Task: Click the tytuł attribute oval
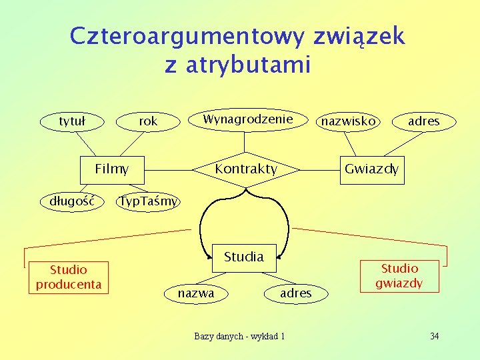[72, 121]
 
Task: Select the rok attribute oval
[148, 121]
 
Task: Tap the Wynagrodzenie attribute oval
[247, 119]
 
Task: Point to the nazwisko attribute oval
[349, 121]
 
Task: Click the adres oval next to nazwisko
[424, 121]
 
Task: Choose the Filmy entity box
[111, 169]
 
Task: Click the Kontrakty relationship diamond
[246, 169]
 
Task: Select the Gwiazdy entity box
[371, 169]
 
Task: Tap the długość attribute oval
[72, 201]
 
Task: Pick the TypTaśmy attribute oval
[148, 201]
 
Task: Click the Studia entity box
[244, 257]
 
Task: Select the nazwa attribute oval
[196, 293]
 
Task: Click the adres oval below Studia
[296, 293]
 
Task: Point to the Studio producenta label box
[69, 277]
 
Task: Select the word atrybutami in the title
[255, 65]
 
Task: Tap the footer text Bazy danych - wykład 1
[239, 336]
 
